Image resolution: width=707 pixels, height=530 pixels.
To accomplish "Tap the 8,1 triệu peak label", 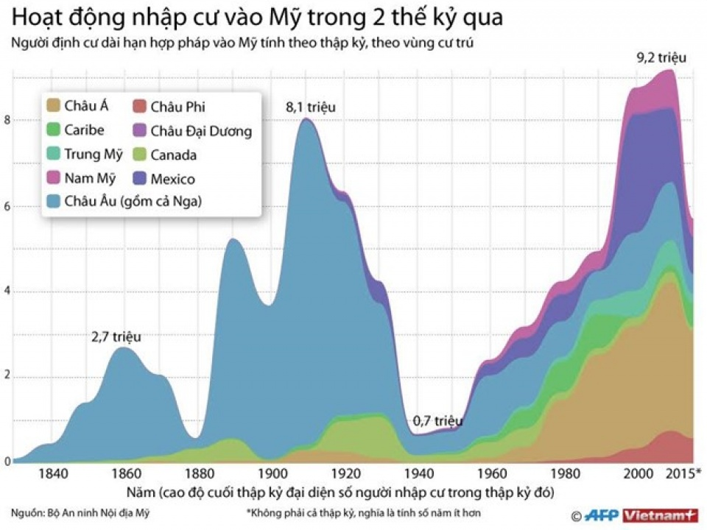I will coord(310,107).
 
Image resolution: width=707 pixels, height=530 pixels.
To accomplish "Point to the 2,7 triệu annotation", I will coord(116,337).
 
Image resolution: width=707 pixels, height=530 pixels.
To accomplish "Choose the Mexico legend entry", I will coord(172,179).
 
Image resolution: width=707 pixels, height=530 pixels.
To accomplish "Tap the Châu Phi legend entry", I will coord(177,107).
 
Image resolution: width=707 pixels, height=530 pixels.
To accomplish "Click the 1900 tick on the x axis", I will coord(272,473).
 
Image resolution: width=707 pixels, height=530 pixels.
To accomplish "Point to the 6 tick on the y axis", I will coord(7,206).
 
